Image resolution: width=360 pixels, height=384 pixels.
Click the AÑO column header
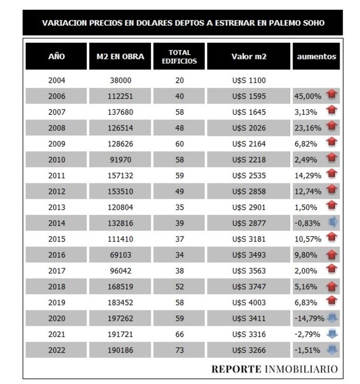click(56, 57)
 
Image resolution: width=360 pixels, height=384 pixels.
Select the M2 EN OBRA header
click(121, 57)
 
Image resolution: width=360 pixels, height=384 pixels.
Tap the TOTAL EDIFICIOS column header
click(179, 57)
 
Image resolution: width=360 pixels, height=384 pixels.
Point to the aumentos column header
click(316, 57)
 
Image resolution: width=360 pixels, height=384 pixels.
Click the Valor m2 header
click(249, 57)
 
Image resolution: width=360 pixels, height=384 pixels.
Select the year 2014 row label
click(57, 223)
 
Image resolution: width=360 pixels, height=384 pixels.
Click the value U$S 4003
click(249, 303)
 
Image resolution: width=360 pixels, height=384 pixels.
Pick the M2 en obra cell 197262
click(121, 318)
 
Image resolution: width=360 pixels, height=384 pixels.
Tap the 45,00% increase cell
click(308, 96)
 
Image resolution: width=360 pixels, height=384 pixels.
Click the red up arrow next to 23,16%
click(332, 127)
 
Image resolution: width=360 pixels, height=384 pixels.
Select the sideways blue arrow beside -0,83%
click(333, 223)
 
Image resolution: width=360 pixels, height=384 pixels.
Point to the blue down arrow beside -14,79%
click(332, 318)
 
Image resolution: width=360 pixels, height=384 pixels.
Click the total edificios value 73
click(179, 350)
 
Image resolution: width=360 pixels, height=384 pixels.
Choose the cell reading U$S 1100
click(249, 81)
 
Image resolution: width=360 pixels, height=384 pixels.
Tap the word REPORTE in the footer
click(236, 369)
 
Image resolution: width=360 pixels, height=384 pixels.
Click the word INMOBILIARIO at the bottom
click(301, 369)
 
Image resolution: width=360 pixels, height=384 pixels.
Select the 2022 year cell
click(57, 350)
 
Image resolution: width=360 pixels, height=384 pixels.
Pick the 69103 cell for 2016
click(121, 255)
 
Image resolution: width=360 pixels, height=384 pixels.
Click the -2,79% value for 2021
click(308, 334)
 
